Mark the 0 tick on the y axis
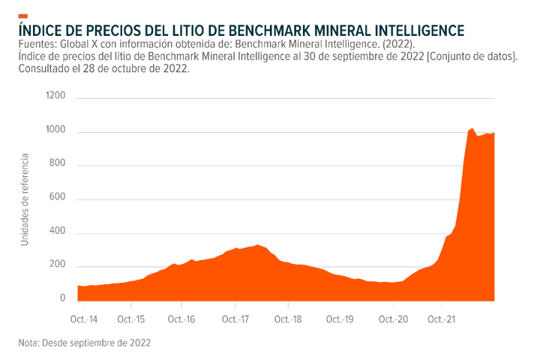coord(64,298)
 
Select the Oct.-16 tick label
coord(183,319)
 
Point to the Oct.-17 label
coord(235,319)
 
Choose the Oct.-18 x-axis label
coord(288,319)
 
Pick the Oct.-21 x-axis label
coord(441,319)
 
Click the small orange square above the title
coord(23,16)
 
